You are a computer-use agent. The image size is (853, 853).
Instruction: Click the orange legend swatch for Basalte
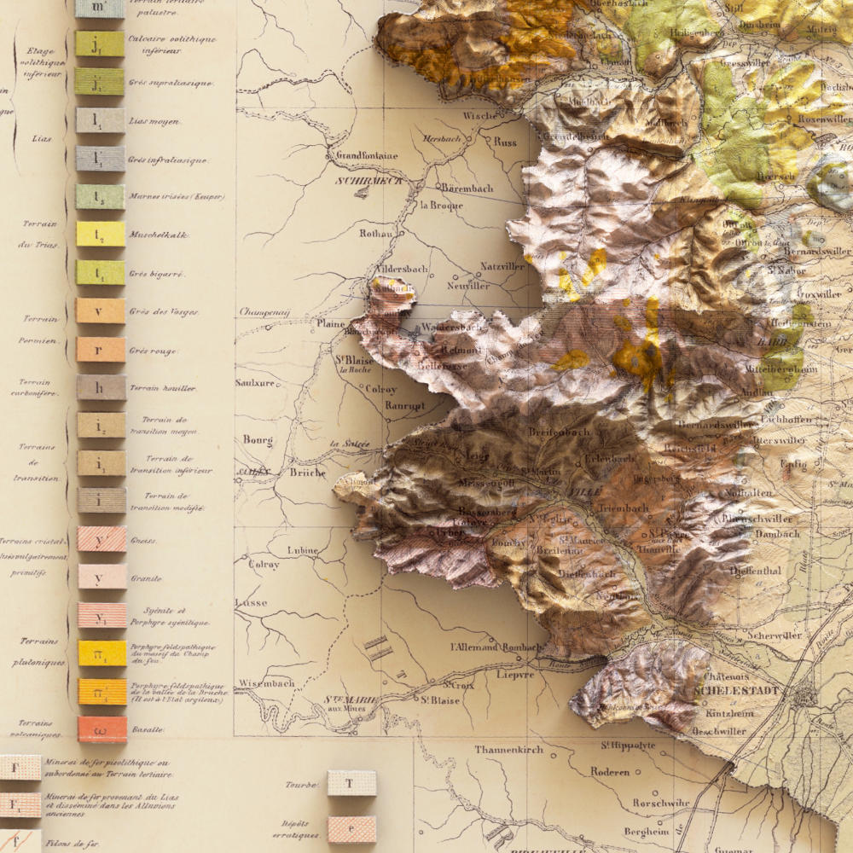coord(102,729)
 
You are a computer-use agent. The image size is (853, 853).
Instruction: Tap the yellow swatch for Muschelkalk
coord(101,234)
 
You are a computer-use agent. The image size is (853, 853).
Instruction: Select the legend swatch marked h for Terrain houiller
coord(101,388)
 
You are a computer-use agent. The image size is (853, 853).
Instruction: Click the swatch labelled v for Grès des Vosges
coord(101,310)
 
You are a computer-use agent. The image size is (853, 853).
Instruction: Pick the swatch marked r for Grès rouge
coord(101,349)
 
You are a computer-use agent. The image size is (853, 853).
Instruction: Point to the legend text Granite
coord(146,578)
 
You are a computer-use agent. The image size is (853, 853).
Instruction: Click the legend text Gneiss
coord(143,541)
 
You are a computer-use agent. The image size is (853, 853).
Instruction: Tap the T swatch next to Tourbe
coord(351,783)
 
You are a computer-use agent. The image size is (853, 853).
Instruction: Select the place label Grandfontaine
coord(367,156)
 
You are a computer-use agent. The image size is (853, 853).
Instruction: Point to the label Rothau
coord(376,233)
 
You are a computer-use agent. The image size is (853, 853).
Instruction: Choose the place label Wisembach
coord(267,683)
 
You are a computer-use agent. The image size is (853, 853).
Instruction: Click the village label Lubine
coord(303,550)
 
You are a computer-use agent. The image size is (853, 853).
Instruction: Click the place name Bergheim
coord(646,831)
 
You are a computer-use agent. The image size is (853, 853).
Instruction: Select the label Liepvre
coord(514,674)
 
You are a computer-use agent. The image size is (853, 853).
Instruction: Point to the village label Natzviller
coord(502,266)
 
